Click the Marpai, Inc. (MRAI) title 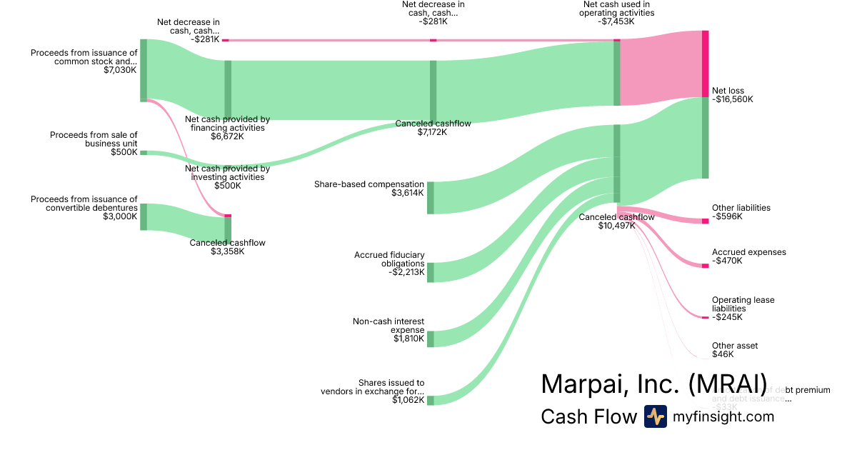653,384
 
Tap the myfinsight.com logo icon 655,416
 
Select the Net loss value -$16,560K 733,100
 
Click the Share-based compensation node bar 431,198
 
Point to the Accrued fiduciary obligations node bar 431,272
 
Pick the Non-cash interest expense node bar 431,339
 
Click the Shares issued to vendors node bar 431,400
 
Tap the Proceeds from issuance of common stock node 144,70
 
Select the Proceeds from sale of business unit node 144,152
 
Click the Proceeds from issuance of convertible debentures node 144,216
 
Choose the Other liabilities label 741,208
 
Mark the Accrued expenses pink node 705,266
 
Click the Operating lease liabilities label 743,304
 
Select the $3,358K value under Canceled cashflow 227,251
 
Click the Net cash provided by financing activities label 227,124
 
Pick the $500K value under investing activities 227,186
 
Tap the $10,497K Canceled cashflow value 616,226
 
